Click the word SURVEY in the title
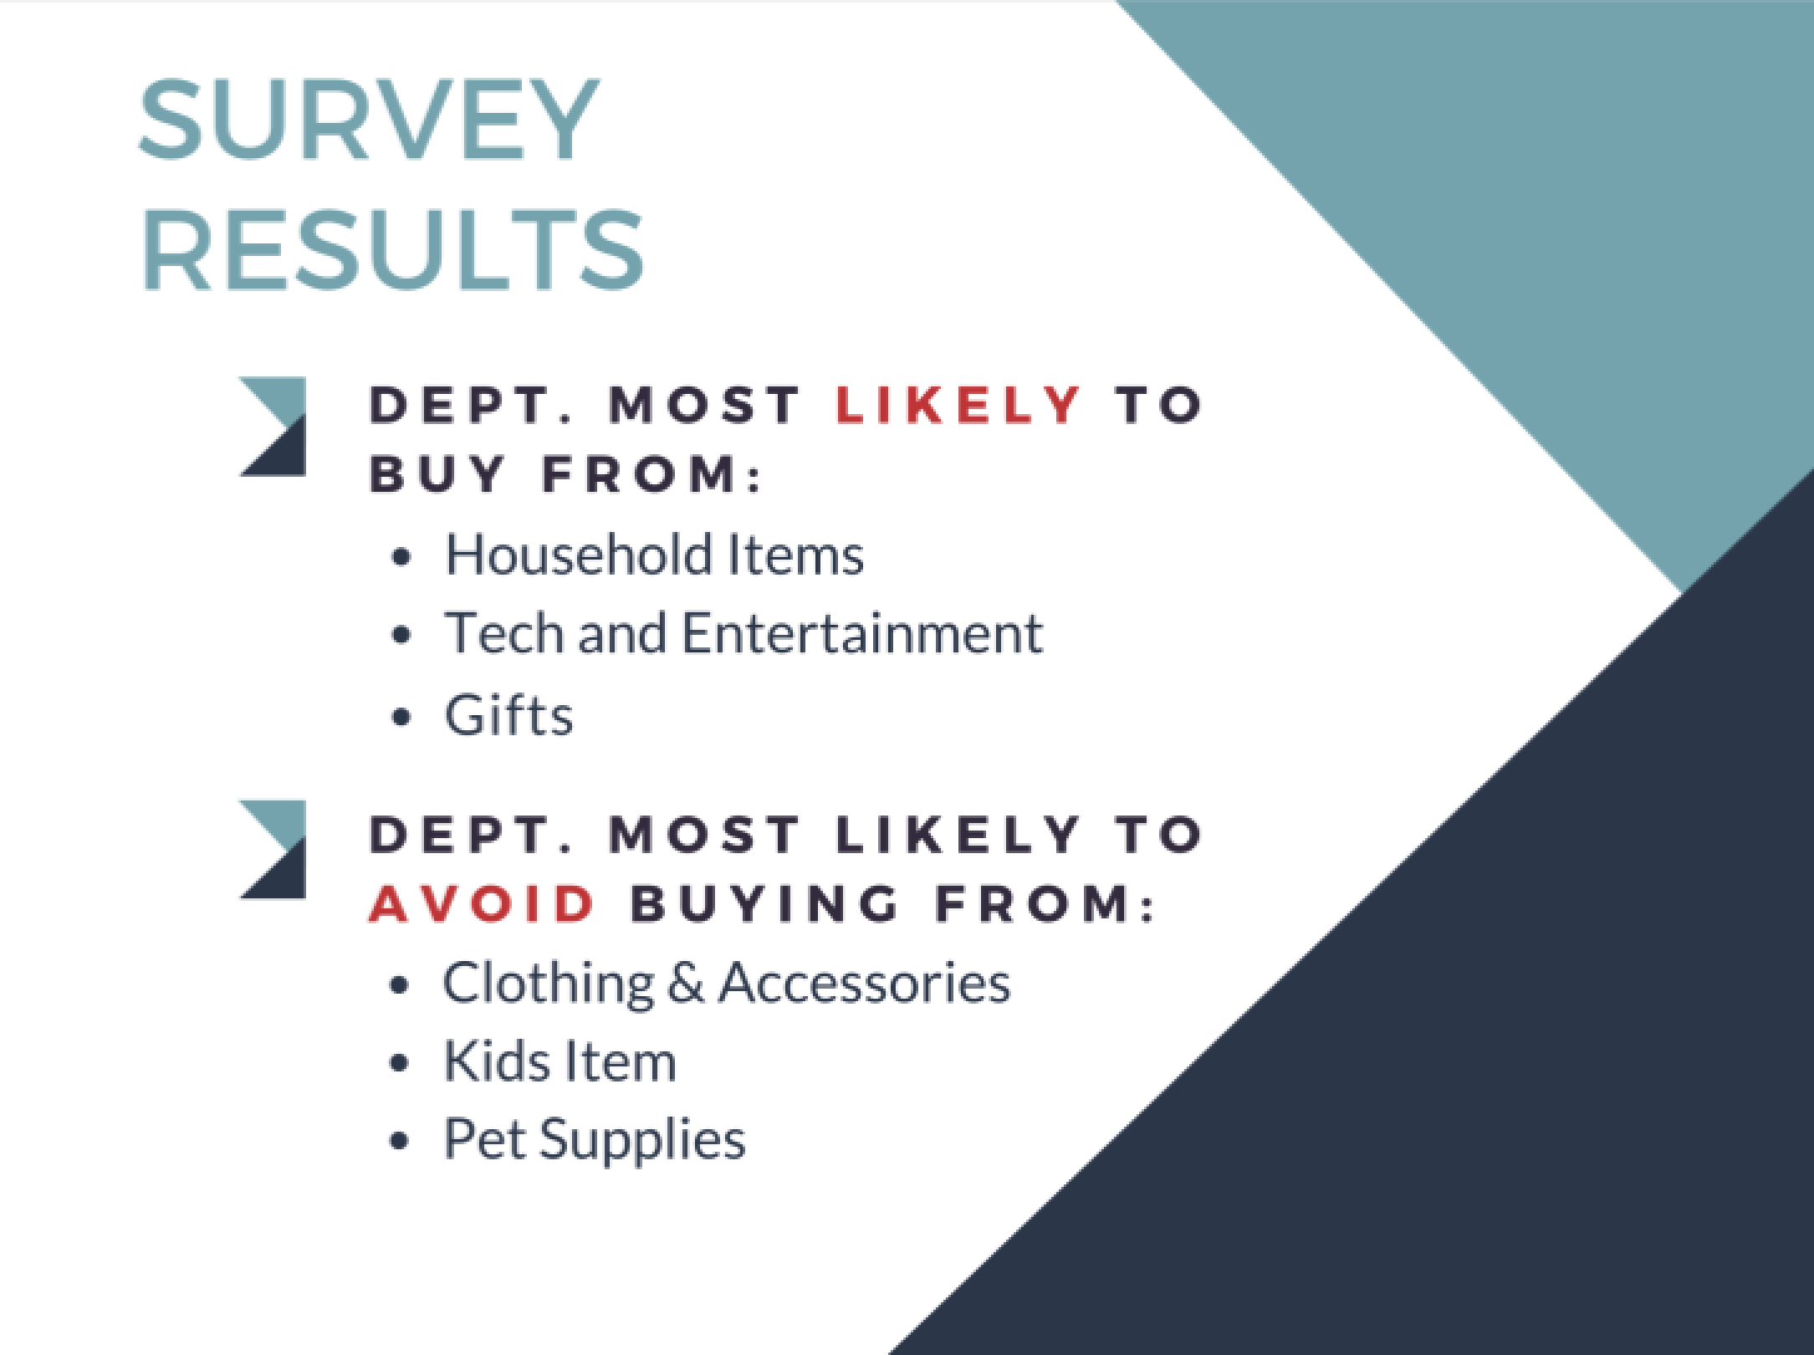(x=369, y=119)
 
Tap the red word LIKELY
(x=958, y=405)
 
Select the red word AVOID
(x=482, y=904)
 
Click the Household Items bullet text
(x=654, y=555)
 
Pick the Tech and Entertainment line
(x=743, y=633)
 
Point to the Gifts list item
(x=508, y=716)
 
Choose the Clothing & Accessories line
(x=726, y=983)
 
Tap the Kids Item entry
(x=560, y=1061)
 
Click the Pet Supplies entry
(x=594, y=1140)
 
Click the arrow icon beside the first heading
(x=273, y=427)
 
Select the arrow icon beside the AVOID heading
(x=273, y=849)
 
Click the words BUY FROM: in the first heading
(x=566, y=474)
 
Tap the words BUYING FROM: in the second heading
(x=892, y=904)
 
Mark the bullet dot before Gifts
(x=402, y=718)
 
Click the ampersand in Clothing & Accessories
(x=687, y=983)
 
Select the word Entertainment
(x=862, y=633)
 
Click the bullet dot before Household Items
(x=402, y=556)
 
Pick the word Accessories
(x=864, y=983)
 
